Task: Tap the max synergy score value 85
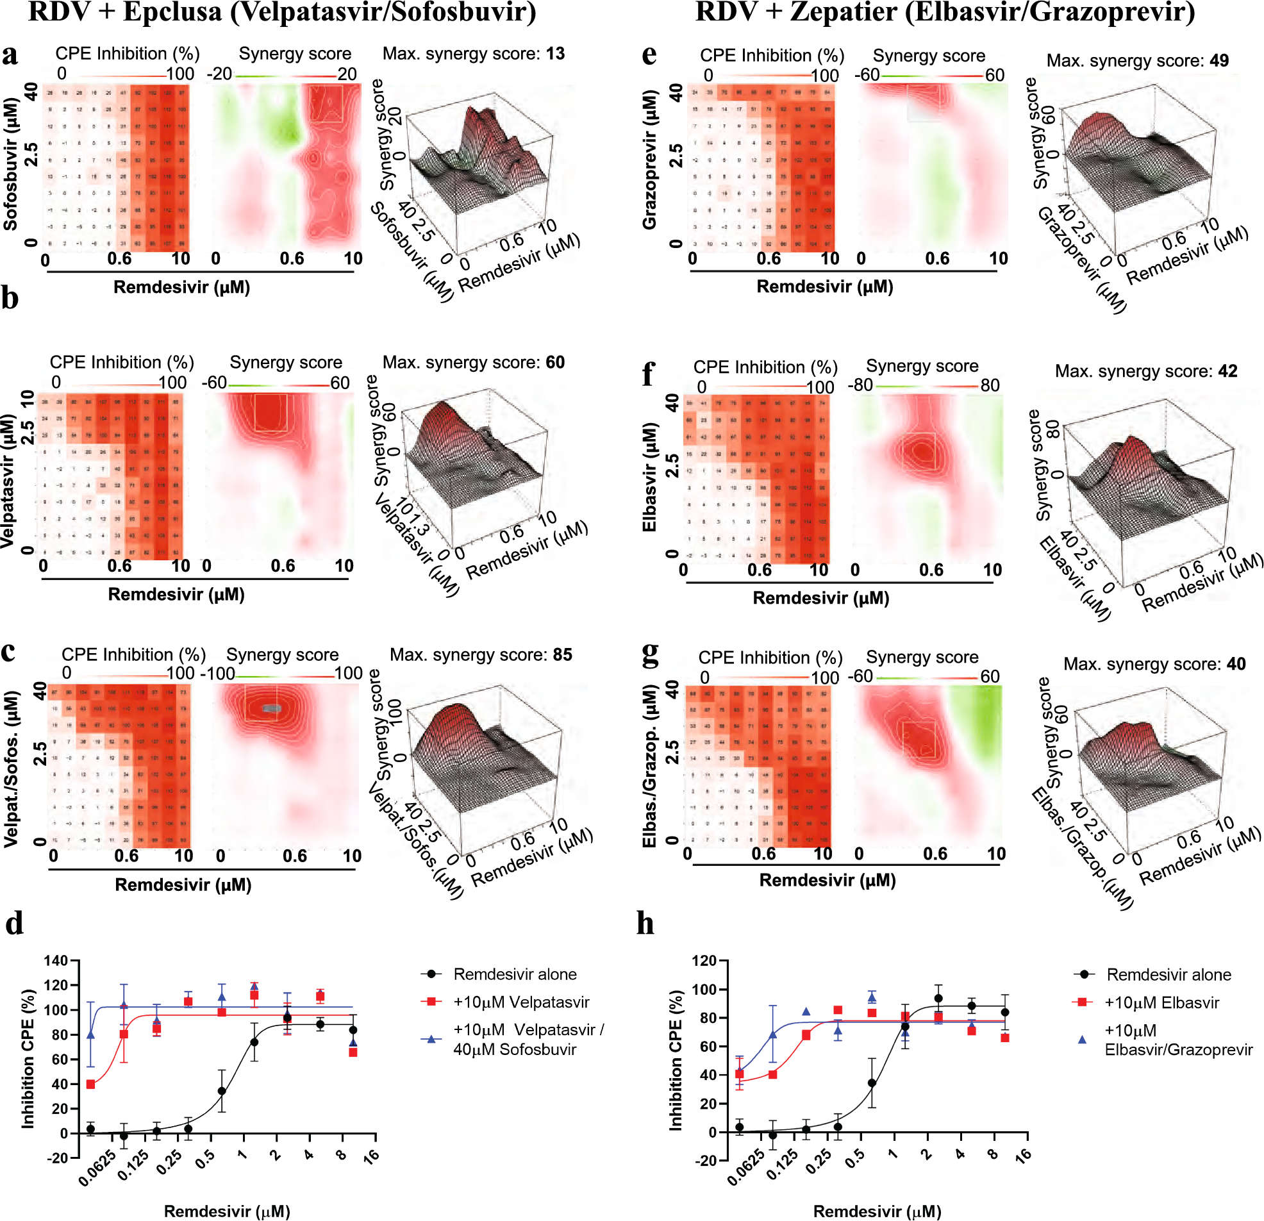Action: coord(562,654)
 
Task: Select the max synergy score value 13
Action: coord(555,54)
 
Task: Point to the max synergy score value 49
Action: coord(1219,61)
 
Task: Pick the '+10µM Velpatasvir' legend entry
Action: coord(520,1002)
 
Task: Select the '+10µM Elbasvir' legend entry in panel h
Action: coord(1161,1002)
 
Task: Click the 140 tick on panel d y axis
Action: coord(56,960)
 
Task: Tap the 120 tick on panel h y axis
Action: coord(705,960)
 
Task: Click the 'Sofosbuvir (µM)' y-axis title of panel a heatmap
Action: coord(11,164)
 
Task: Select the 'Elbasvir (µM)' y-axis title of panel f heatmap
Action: coord(649,478)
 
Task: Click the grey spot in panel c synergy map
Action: coord(272,708)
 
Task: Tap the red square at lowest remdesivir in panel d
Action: coord(91,1084)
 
